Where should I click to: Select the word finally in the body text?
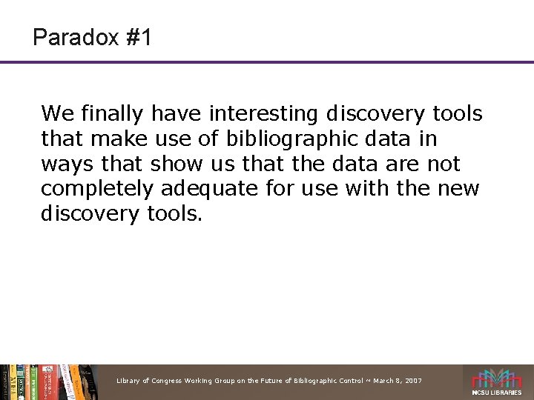tap(110, 114)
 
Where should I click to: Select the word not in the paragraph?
tap(443, 164)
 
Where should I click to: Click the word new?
tap(461, 189)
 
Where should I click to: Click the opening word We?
tap(56, 114)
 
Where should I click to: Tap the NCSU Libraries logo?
tap(498, 382)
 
